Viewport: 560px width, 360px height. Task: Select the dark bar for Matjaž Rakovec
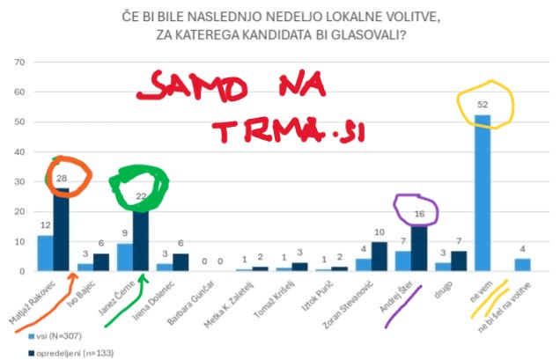61,229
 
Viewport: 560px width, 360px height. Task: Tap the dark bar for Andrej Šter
420,247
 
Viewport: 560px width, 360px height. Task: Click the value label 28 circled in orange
61,179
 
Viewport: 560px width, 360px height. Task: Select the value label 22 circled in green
141,197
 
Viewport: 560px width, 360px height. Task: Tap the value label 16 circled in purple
421,215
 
